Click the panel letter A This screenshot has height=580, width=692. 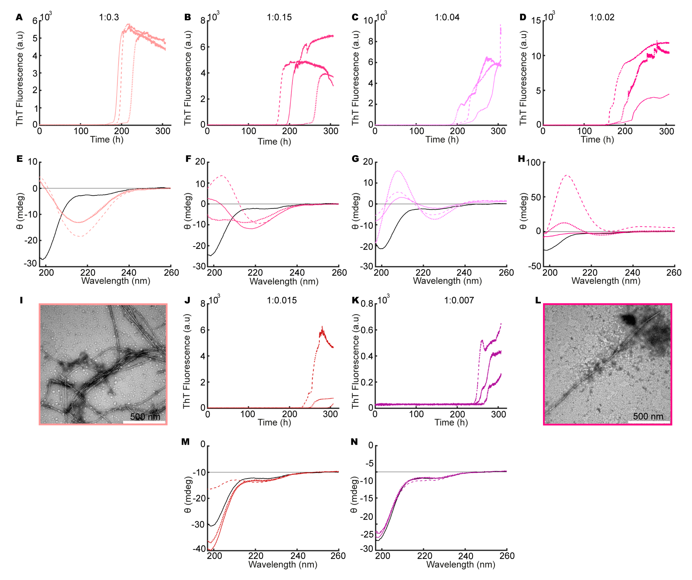19,17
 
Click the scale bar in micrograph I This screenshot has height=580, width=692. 144,422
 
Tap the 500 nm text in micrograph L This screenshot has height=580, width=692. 648,416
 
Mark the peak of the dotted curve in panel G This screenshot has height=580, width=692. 398,171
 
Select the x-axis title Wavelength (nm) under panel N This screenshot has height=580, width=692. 461,564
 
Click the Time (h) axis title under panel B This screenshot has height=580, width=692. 274,142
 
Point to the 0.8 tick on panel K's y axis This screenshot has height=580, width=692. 367,304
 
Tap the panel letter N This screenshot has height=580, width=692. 354,442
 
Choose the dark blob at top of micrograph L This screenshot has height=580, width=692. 629,319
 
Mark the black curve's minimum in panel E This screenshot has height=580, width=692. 42,259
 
